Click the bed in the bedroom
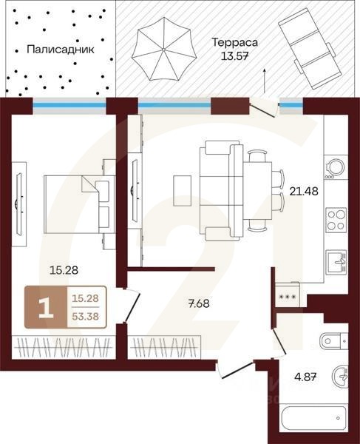coord(78,201)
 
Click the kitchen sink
coord(338,260)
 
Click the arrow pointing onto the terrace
coord(265,78)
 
